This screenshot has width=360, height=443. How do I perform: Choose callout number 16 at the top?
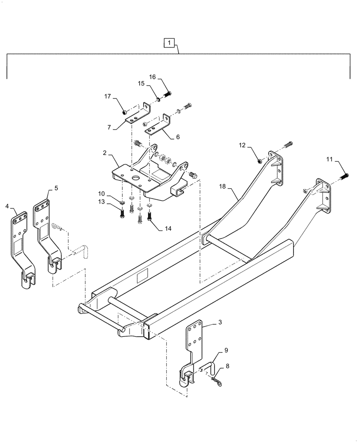pos(152,77)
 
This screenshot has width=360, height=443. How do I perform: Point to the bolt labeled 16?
pos(168,93)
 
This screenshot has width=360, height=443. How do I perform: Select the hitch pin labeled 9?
pos(212,366)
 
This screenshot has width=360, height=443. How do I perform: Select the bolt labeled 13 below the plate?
pos(123,213)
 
